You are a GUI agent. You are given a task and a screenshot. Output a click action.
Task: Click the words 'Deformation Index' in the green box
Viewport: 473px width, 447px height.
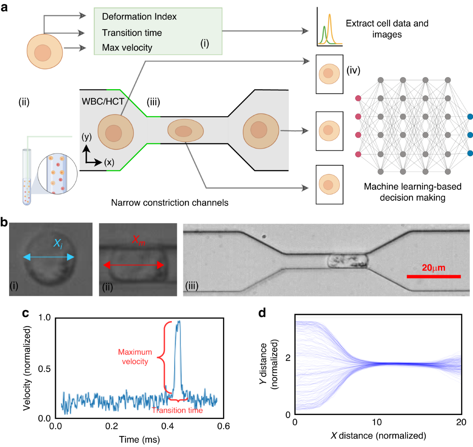pyautogui.click(x=139, y=17)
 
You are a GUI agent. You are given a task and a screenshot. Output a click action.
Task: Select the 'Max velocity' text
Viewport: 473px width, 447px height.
pyautogui.click(x=127, y=48)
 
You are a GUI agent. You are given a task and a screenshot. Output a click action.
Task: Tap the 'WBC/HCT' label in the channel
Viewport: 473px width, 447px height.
pyautogui.click(x=103, y=101)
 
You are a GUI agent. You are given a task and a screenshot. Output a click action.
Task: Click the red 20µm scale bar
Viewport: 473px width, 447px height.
pyautogui.click(x=434, y=277)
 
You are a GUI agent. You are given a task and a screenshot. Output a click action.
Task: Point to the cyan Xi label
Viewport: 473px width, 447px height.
pyautogui.click(x=58, y=244)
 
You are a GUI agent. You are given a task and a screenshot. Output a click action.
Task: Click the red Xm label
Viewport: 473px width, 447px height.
pyautogui.click(x=138, y=240)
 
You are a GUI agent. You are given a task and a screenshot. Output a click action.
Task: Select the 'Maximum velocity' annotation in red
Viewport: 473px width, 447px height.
pyautogui.click(x=135, y=357)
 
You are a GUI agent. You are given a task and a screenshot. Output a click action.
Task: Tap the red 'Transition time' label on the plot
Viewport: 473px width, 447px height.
pyautogui.click(x=177, y=410)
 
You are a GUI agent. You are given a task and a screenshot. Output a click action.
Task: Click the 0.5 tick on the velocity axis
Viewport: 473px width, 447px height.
pyautogui.click(x=45, y=368)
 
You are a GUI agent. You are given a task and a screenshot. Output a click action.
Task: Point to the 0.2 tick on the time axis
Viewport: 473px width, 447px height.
pyautogui.click(x=112, y=426)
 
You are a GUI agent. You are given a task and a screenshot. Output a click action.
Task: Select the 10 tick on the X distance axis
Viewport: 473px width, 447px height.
pyautogui.click(x=377, y=422)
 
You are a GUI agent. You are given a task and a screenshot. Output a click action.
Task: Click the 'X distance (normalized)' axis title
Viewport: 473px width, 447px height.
pyautogui.click(x=378, y=436)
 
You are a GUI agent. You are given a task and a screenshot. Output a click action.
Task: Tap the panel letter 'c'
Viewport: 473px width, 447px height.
pyautogui.click(x=26, y=313)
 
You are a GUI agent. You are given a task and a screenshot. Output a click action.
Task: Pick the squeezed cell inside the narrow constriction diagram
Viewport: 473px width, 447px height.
pyautogui.click(x=185, y=131)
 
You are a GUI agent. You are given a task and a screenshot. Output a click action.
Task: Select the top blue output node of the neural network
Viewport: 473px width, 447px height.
pyautogui.click(x=470, y=117)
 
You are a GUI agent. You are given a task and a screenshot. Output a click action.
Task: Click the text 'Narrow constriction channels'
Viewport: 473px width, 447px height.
pyautogui.click(x=169, y=203)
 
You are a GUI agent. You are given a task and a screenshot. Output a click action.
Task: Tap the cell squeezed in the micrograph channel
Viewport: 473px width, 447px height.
pyautogui.click(x=347, y=261)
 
